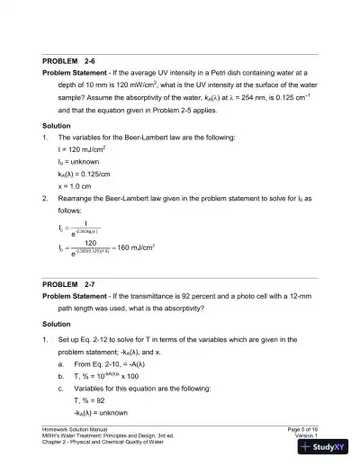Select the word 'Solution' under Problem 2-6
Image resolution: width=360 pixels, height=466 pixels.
(58, 124)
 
